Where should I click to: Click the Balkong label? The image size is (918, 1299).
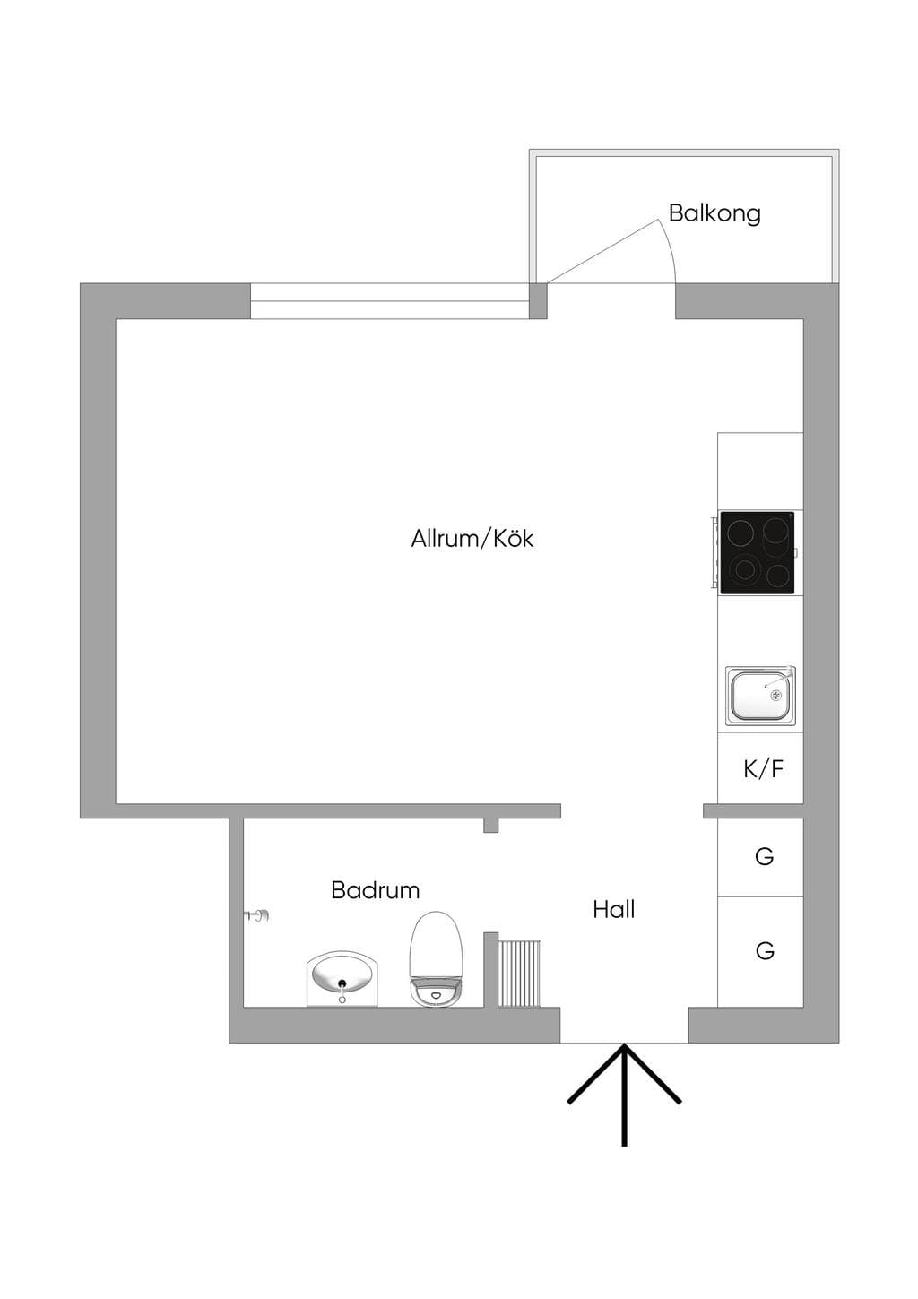tap(714, 213)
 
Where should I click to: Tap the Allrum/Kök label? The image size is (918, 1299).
tap(472, 538)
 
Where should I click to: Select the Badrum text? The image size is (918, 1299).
tap(376, 890)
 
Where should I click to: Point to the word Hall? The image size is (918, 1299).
tap(613, 909)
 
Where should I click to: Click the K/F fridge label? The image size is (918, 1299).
tap(763, 769)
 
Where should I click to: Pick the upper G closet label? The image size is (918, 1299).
tap(765, 856)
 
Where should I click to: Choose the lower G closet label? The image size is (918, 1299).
tap(765, 950)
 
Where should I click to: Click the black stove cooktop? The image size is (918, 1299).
tap(757, 552)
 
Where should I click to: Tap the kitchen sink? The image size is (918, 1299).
tap(760, 696)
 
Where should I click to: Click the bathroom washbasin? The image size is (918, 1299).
tap(342, 980)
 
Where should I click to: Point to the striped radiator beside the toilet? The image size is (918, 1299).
tap(519, 974)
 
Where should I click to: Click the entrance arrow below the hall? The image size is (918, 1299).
tap(624, 1095)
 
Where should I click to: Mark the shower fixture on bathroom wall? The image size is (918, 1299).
tap(256, 915)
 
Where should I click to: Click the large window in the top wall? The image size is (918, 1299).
tap(390, 301)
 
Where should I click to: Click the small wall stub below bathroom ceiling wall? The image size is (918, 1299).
tap(490, 826)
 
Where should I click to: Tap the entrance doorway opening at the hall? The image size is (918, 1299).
tap(624, 1025)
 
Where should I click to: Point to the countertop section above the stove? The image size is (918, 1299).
tap(760, 472)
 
